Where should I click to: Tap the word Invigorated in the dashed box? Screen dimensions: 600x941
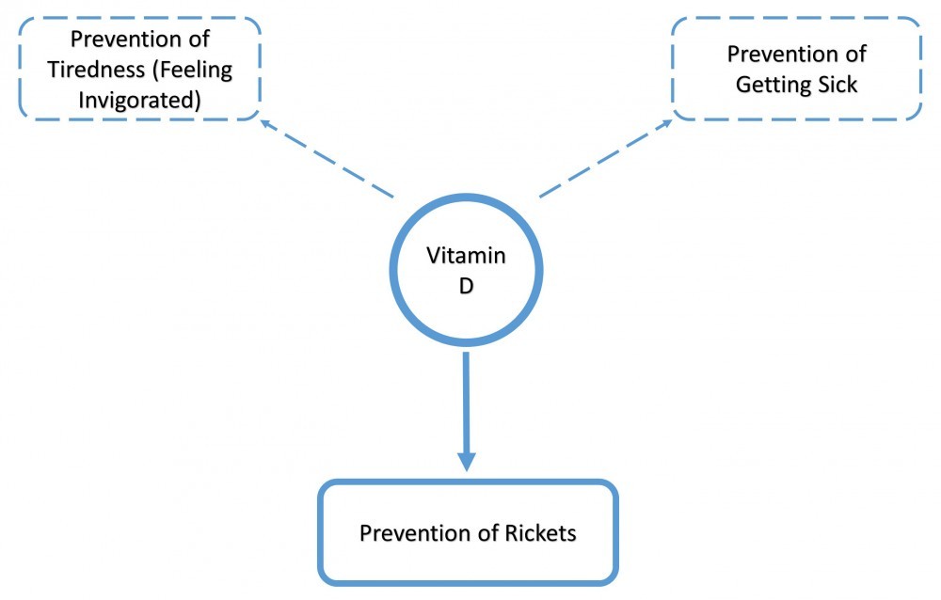140,99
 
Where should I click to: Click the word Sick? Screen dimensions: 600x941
837,84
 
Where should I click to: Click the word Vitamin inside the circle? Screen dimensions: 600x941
466,255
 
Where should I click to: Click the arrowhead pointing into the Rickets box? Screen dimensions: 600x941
466,461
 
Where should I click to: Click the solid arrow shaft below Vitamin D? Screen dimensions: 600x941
466,400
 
